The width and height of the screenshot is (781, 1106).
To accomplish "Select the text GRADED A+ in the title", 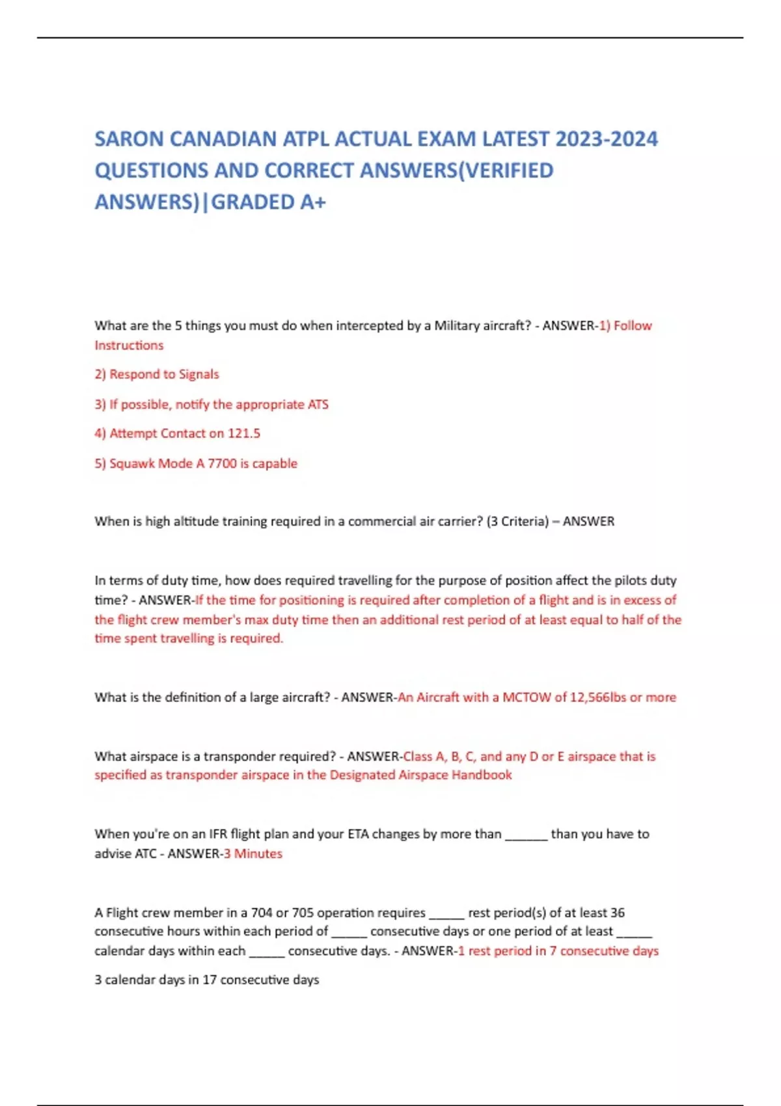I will click(x=268, y=202).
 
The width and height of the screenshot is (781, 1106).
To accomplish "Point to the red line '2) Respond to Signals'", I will click(x=157, y=375).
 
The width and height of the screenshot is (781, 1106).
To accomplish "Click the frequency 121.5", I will click(x=244, y=433).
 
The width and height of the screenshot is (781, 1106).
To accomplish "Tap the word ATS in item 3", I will click(x=318, y=405).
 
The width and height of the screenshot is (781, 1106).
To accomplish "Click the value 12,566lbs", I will click(x=598, y=697).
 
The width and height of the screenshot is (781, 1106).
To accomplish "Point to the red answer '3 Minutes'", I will click(x=253, y=854).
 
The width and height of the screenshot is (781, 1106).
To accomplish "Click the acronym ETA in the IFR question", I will click(x=359, y=834).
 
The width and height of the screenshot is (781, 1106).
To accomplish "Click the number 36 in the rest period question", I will click(x=618, y=913).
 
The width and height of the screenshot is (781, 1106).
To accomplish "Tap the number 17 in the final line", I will click(x=209, y=980).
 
